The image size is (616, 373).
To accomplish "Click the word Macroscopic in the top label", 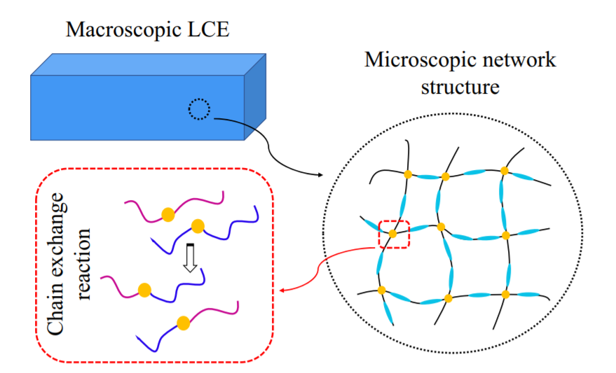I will pyautogui.click(x=118, y=29).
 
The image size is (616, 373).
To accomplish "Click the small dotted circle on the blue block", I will pyautogui.click(x=199, y=109).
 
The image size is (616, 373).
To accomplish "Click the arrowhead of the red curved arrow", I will pyautogui.click(x=282, y=290).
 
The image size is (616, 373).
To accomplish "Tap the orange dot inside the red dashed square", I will pyautogui.click(x=393, y=234).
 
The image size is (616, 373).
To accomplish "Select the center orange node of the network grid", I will pyautogui.click(x=441, y=227).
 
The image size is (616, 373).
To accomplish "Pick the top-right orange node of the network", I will pyautogui.click(x=504, y=170).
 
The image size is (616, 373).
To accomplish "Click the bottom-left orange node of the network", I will pyautogui.click(x=382, y=290).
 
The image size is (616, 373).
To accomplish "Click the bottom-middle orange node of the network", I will pyautogui.click(x=448, y=299).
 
